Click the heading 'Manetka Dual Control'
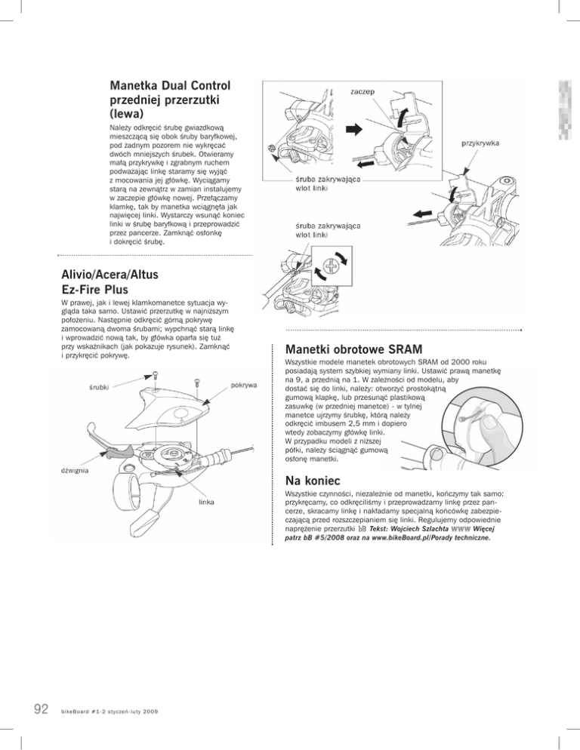coord(170,86)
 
